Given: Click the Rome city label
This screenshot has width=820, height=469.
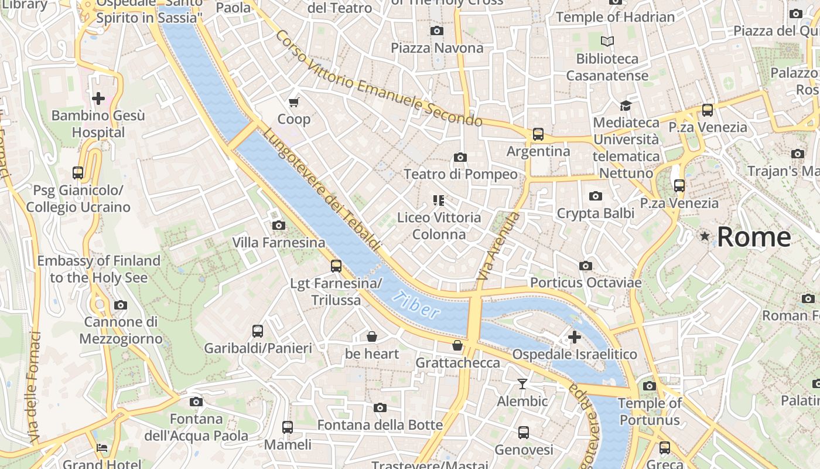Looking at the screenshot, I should (754, 237).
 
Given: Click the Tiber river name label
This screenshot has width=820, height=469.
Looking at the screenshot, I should (416, 304).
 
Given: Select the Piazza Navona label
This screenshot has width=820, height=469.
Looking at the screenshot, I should (437, 48).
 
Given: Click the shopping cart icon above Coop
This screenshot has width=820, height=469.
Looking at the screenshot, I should (294, 102).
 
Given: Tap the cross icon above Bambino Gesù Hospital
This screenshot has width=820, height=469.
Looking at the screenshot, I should (98, 98).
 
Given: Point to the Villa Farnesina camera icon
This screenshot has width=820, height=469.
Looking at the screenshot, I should (278, 226).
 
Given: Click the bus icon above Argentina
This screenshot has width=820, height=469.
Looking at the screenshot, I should (538, 134).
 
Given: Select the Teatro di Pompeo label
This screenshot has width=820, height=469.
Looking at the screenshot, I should (460, 174).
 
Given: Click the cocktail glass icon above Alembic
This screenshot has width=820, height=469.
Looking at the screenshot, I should (522, 384).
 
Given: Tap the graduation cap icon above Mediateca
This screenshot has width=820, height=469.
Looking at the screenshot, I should (626, 106).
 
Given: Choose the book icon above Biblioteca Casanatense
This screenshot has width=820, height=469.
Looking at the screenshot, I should (607, 42).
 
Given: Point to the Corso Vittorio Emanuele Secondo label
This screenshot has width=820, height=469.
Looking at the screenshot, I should (379, 79).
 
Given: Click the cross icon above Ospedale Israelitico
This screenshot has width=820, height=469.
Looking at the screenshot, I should (574, 337).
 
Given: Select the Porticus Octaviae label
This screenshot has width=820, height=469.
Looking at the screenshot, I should (586, 283).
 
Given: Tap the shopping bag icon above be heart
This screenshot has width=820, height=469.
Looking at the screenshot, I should (371, 337).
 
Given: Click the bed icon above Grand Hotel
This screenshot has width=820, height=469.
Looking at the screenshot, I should (102, 448).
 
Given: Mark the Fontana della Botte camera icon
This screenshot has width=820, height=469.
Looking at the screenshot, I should (380, 408).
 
